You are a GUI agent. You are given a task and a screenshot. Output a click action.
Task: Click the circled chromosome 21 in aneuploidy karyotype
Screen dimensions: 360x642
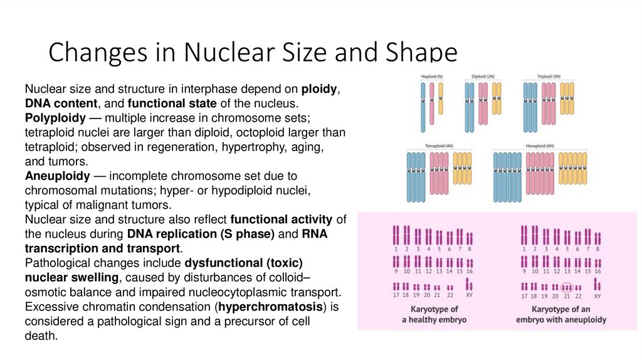tap(566, 287)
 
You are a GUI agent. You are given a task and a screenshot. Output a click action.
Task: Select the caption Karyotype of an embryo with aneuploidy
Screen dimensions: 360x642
tap(560, 314)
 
